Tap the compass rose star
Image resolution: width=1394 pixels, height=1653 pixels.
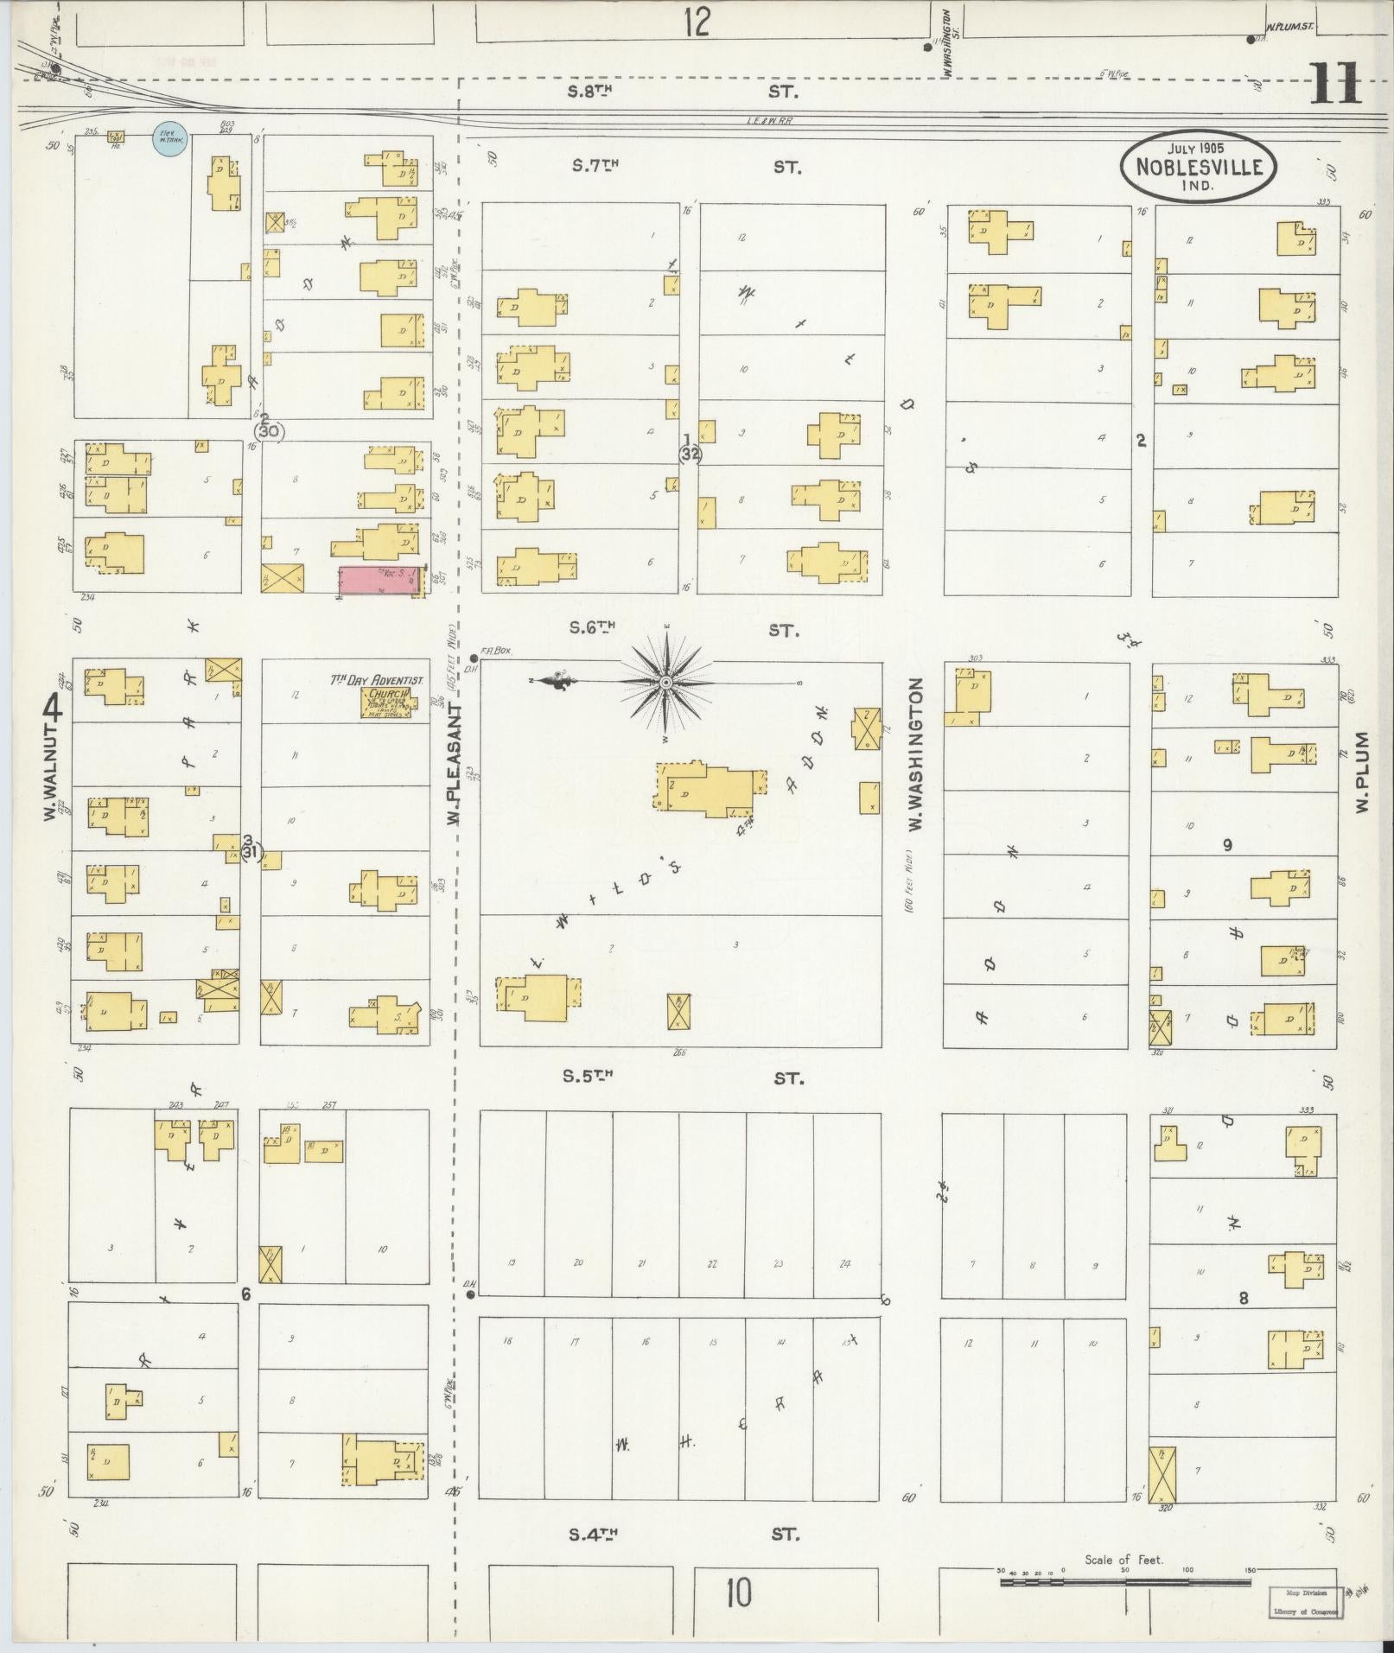click(666, 683)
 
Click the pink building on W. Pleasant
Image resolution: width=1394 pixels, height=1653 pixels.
click(379, 581)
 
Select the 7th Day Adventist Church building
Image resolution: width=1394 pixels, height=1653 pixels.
click(390, 703)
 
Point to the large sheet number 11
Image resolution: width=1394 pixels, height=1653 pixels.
click(1335, 85)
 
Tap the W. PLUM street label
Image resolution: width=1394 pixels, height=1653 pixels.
click(1363, 772)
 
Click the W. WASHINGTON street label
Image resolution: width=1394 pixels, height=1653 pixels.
click(916, 754)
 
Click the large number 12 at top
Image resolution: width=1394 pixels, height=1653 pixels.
click(695, 22)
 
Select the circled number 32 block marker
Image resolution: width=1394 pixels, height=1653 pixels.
click(690, 454)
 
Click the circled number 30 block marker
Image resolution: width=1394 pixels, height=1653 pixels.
click(269, 429)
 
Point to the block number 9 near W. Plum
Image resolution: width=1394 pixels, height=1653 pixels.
click(1227, 845)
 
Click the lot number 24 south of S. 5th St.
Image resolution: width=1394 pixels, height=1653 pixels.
click(845, 1263)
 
